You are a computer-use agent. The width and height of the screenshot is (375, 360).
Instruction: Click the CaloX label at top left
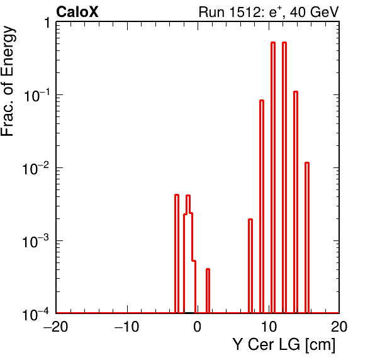pos(77,12)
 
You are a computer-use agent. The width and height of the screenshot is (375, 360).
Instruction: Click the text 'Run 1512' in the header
pos(231,12)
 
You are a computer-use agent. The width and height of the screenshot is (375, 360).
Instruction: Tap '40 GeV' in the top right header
pos(314,12)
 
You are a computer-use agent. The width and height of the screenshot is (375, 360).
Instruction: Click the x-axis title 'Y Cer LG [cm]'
pos(284,345)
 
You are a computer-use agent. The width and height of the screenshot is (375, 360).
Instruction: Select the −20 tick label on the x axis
pos(56,327)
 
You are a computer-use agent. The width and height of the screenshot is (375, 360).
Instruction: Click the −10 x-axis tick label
pos(126,327)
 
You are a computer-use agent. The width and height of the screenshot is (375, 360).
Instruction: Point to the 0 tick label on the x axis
pos(198,327)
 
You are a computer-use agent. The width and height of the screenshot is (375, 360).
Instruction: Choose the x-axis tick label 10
pos(269,327)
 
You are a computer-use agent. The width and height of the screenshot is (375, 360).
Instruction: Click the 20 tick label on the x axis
pos(339,327)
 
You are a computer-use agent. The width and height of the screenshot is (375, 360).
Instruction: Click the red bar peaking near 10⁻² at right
pos(307,237)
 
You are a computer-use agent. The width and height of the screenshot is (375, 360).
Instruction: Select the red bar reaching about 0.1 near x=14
pos(296,202)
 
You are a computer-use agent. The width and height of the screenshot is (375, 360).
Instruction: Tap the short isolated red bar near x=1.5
pos(208,291)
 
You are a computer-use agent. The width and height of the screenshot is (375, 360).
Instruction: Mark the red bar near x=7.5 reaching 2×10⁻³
pos(250,266)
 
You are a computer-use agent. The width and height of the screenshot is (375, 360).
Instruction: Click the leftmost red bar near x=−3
pos(177,254)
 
